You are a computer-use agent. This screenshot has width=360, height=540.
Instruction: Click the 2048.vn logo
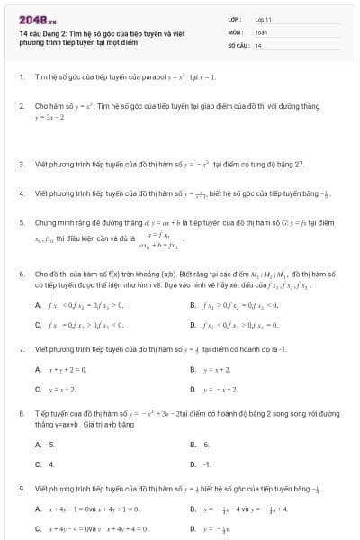coord(33,19)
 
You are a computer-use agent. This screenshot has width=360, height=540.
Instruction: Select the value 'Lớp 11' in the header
coord(264,18)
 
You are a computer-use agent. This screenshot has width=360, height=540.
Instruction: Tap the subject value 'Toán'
coord(261,31)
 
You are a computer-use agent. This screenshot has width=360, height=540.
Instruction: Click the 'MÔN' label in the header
coord(236,31)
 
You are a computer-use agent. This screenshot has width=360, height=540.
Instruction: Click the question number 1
coord(21,77)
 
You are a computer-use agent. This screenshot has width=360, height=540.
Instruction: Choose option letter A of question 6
coord(37,305)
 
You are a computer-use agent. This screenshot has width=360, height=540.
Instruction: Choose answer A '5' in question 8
coord(51,445)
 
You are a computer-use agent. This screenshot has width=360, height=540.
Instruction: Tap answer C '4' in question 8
coord(51,464)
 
